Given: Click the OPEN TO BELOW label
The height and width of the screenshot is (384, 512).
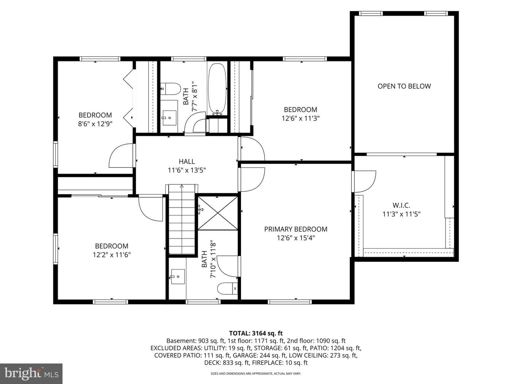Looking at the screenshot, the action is tap(404, 86).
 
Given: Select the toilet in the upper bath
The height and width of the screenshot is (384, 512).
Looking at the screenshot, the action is tap(171, 89).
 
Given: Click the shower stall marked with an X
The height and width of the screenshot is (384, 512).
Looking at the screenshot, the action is tap(218, 213).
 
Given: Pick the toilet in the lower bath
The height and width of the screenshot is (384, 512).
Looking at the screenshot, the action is tap(228, 289).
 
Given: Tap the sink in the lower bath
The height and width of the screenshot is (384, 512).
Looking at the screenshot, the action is tap(178, 277).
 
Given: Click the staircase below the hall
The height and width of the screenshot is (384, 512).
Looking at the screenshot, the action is tap(182, 219).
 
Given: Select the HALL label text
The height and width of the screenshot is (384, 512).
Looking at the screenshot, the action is tap(187, 161).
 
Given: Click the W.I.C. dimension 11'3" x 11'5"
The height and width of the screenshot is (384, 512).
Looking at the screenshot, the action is tap(401, 214).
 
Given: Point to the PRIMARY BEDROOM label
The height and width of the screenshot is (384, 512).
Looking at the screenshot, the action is tap(295, 229).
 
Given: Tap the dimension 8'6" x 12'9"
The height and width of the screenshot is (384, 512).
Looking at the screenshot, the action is tap(95, 124).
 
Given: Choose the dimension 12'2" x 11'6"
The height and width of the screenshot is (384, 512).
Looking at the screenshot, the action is tap(112, 255).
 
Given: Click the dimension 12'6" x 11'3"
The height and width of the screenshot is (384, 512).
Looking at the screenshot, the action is tap(300, 118).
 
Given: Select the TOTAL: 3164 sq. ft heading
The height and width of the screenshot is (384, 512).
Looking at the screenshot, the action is tap(256, 333).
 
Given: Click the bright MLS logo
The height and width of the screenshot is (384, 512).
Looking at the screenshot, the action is tap(31, 373).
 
